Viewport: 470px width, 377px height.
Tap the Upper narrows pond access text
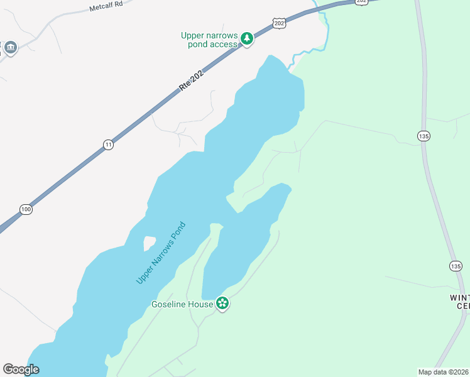pos(209,40)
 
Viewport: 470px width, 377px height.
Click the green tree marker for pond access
pos(248,39)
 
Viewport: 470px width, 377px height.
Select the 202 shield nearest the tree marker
pos(280,23)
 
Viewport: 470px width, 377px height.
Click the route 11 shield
pos(109,145)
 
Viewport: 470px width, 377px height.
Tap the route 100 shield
pos(26,209)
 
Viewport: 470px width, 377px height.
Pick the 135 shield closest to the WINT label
pos(456,266)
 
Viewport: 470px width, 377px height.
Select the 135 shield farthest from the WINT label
pos(423,135)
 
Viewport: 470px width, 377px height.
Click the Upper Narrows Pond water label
pos(161,253)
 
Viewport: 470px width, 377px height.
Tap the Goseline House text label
pos(182,305)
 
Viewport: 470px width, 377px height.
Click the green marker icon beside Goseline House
pos(222,304)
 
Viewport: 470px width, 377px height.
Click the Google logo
pos(21,369)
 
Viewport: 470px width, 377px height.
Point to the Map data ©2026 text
pos(443,372)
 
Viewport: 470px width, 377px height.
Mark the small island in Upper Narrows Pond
pos(150,243)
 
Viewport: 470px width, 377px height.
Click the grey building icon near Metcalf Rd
pos(11,47)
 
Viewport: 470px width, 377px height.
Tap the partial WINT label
pos(459,297)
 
